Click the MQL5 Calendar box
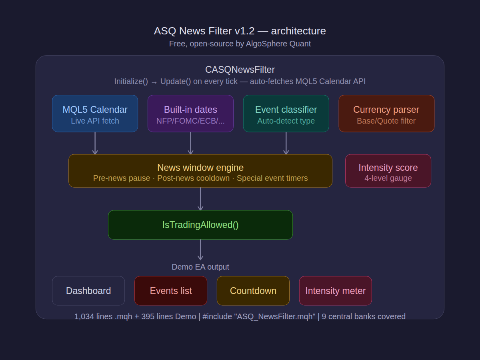click(x=95, y=114)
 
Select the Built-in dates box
click(x=190, y=114)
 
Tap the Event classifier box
click(x=286, y=114)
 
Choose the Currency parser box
click(x=386, y=114)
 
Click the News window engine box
click(x=200, y=171)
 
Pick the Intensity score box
click(x=388, y=171)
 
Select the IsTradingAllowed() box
click(x=200, y=225)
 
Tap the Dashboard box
click(x=88, y=291)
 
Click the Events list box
click(x=171, y=291)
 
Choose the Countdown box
click(x=253, y=291)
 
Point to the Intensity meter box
click(x=336, y=291)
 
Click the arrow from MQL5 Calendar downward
click(x=95, y=143)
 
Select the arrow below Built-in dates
click(x=190, y=143)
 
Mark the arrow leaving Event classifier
click(x=286, y=143)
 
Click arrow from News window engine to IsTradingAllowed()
click(x=200, y=199)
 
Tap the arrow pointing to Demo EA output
click(x=200, y=250)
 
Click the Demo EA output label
click(x=200, y=267)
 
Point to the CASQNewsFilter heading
click(x=240, y=70)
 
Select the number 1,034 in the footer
click(x=84, y=316)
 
